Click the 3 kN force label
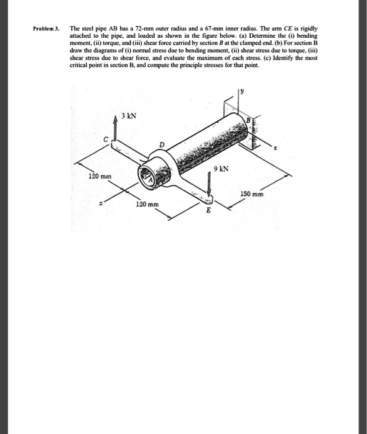(129, 116)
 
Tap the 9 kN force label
(222, 168)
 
